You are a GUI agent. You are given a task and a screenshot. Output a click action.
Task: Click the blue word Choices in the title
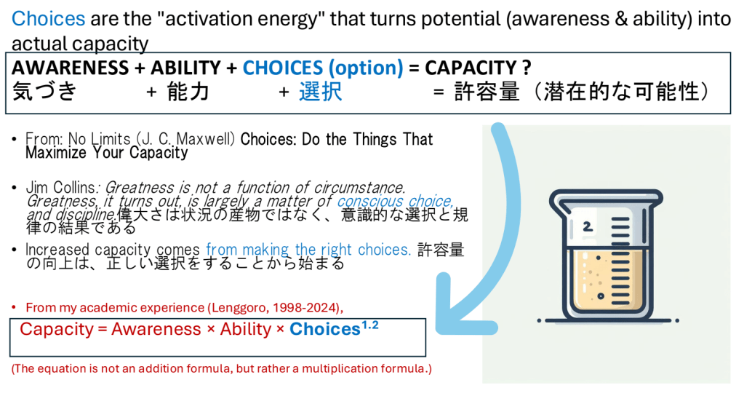point(49,19)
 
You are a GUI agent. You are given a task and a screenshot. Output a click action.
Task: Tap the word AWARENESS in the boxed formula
point(71,68)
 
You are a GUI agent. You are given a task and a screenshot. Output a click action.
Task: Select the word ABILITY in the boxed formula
point(186,68)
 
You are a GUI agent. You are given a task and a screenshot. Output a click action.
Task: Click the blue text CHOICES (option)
point(323,68)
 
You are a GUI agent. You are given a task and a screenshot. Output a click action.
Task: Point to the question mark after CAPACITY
point(527,68)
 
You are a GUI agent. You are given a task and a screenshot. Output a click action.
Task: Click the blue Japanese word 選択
point(320,92)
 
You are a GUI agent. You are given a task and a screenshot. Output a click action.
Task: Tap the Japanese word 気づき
point(44,91)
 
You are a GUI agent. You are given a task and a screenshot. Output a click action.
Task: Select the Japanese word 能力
point(188,92)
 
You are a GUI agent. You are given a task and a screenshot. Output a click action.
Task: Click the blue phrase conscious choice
point(395,201)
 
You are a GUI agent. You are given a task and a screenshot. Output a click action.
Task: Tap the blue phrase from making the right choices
point(308,249)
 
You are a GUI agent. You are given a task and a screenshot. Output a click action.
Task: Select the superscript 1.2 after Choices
point(370,325)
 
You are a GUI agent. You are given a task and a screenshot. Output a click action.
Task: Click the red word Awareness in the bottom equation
point(156,329)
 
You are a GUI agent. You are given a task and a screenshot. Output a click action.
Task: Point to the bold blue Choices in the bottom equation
point(325,329)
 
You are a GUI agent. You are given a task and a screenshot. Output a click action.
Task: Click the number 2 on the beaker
point(588,226)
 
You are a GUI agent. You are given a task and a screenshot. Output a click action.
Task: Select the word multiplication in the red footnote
point(337,368)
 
